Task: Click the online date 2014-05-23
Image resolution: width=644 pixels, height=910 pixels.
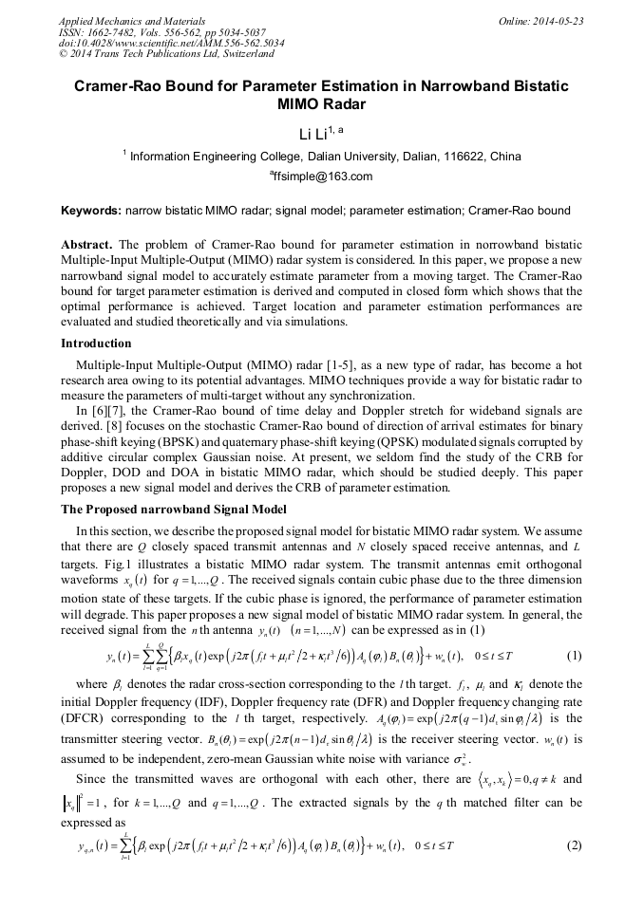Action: (560, 21)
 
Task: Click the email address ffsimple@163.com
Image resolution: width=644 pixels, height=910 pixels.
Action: (322, 176)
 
